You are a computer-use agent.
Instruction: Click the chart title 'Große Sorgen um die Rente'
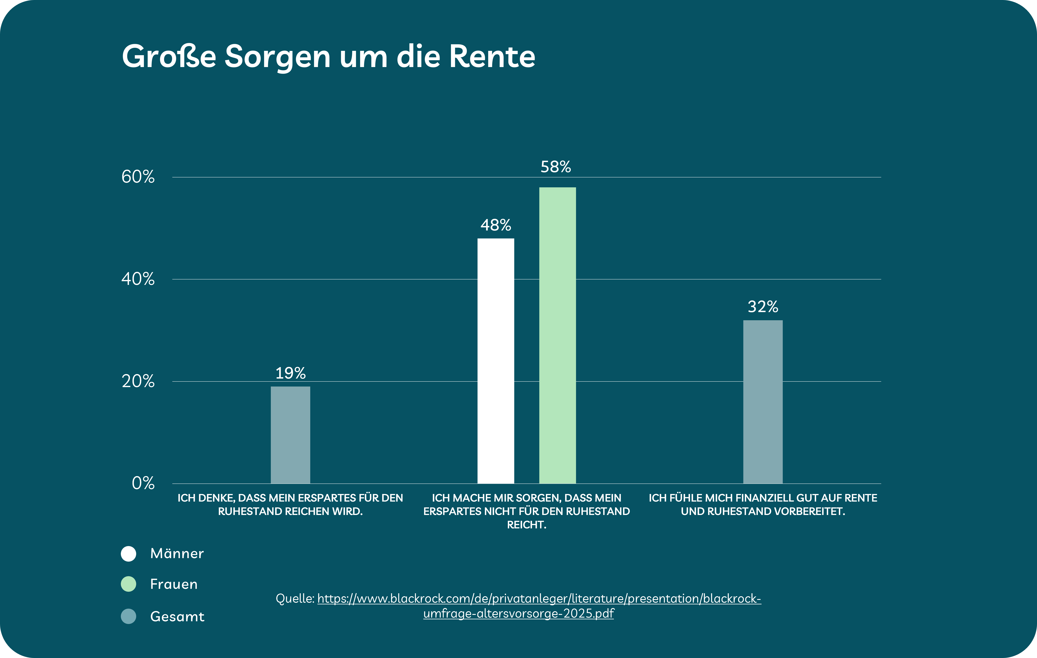pyautogui.click(x=328, y=56)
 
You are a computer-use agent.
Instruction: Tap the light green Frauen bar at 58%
pyautogui.click(x=557, y=335)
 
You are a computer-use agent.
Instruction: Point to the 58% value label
pyautogui.click(x=556, y=167)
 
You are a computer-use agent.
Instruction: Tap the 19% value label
pyautogui.click(x=290, y=373)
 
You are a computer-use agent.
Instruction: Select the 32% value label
pyautogui.click(x=763, y=307)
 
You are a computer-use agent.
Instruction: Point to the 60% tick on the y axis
pyautogui.click(x=138, y=177)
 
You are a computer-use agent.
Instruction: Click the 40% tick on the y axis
pyautogui.click(x=138, y=279)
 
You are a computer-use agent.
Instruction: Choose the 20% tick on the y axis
pyautogui.click(x=138, y=381)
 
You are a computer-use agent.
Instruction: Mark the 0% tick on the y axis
pyautogui.click(x=143, y=483)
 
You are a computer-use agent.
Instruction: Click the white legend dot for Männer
pyautogui.click(x=128, y=554)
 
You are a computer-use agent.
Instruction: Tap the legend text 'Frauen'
pyautogui.click(x=173, y=584)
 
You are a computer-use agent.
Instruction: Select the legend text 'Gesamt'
pyautogui.click(x=177, y=617)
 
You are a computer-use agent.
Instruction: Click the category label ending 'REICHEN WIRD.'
pyautogui.click(x=290, y=505)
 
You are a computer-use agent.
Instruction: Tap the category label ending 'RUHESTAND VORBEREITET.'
pyautogui.click(x=763, y=505)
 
